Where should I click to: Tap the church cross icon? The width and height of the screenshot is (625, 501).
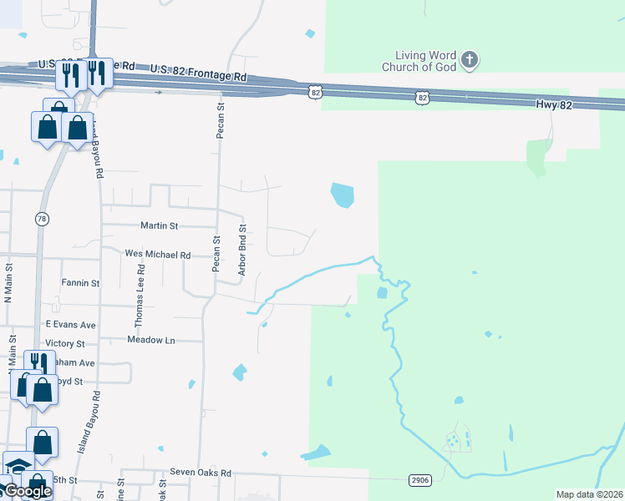point(470,59)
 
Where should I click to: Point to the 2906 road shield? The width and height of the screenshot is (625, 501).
point(420,479)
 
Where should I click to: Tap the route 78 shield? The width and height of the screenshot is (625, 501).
point(42,219)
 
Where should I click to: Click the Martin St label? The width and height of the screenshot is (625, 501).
point(160,225)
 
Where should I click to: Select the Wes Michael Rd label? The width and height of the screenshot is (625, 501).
point(157,255)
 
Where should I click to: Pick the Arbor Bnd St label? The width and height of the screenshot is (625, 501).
point(242,250)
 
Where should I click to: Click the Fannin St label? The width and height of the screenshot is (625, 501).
point(80,283)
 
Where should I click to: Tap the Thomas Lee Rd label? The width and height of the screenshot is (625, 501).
point(141,296)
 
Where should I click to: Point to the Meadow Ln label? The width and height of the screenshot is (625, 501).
point(151,340)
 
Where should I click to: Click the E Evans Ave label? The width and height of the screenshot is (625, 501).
point(71,324)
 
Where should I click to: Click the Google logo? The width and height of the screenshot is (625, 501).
point(27,491)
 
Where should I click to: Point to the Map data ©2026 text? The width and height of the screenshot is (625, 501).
point(589,494)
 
